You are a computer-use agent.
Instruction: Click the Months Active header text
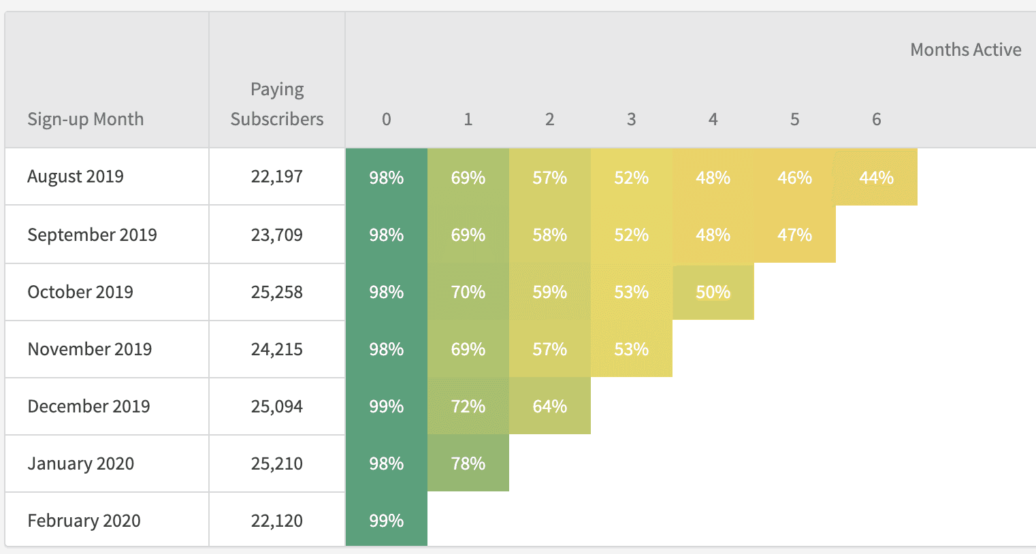pos(965,50)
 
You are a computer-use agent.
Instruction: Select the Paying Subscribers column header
pos(277,104)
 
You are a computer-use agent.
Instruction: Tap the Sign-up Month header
pos(85,119)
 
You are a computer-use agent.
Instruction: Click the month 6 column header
pos(876,120)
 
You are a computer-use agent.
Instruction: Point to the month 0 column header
pos(386,120)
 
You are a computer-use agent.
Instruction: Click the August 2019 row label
pos(76,176)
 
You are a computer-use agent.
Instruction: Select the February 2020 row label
pos(84,521)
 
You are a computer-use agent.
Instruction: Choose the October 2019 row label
pos(80,292)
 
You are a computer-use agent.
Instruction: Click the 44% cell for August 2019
pos(876,178)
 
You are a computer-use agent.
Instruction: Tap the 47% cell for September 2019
pos(794,235)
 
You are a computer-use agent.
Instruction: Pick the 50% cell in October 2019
pos(713,292)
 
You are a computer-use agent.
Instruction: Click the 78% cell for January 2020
pos(468,463)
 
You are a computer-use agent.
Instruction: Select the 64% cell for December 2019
pos(549,406)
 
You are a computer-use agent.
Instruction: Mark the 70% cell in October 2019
pos(468,292)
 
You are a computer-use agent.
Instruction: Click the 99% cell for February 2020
pos(386,521)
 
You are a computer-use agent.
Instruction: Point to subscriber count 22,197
pos(276,176)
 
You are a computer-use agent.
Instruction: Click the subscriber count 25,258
pos(276,292)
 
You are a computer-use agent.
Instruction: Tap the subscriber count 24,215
pos(276,349)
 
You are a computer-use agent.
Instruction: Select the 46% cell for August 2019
pos(794,178)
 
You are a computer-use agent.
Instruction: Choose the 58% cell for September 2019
pos(549,235)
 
